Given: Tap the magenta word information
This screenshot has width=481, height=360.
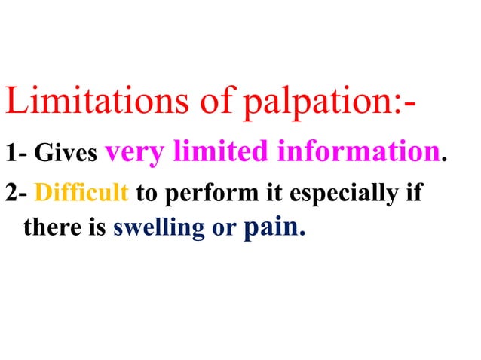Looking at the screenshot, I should click(x=358, y=152).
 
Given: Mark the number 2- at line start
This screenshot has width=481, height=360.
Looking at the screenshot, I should click(x=16, y=194).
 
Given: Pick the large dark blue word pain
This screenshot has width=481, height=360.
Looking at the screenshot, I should click(x=272, y=227).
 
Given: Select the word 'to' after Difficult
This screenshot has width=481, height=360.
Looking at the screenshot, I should click(x=146, y=194).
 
